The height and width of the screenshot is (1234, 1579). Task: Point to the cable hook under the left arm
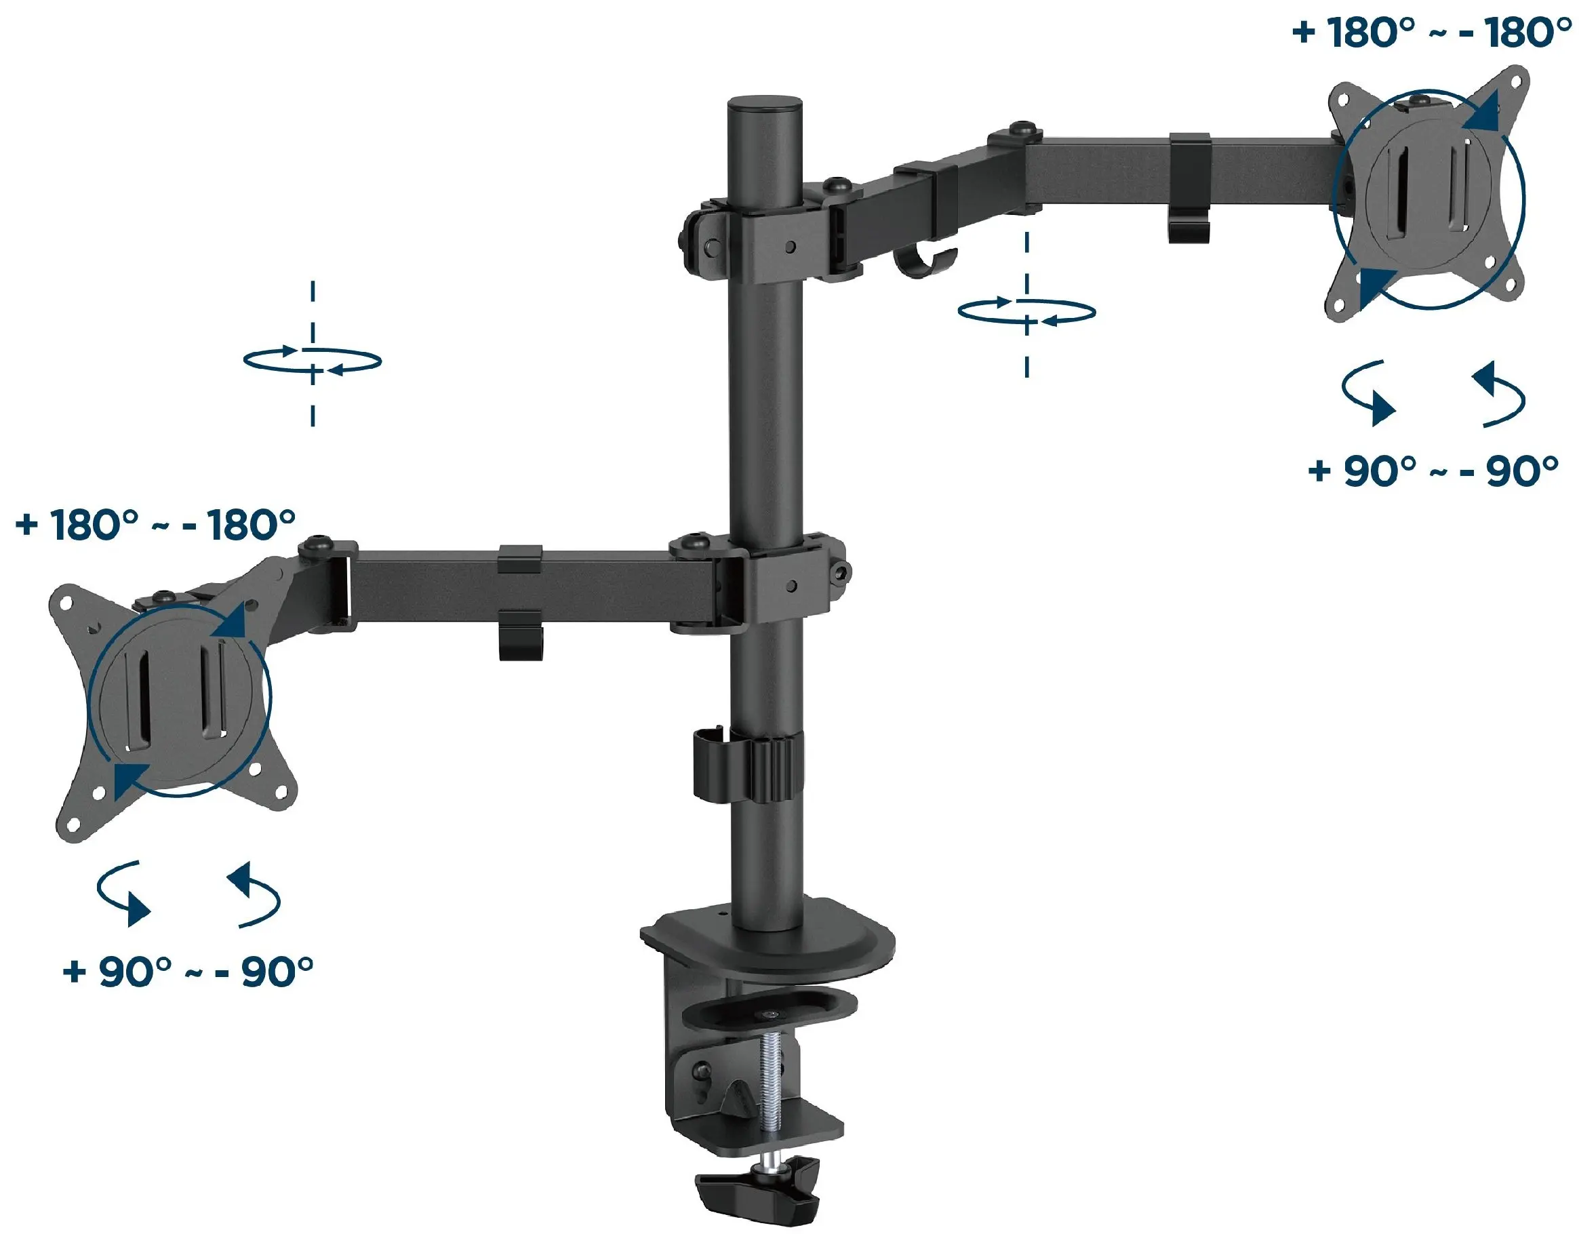click(521, 635)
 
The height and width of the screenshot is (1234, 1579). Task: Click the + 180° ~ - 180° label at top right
click(1431, 33)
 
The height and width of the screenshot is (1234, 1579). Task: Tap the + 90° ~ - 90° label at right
click(1433, 471)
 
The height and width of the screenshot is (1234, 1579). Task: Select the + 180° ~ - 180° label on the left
click(155, 525)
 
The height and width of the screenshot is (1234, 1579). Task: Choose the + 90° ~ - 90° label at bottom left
click(188, 972)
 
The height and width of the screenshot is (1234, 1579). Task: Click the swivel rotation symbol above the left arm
click(313, 359)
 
